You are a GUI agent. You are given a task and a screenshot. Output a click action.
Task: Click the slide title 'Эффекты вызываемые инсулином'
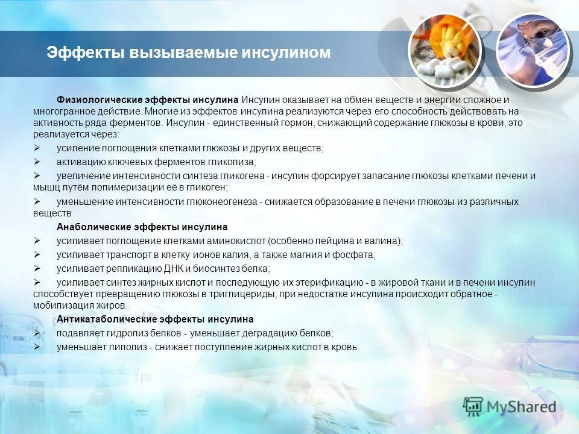tap(189, 53)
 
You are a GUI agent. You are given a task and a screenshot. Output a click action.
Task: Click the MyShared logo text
tap(522, 406)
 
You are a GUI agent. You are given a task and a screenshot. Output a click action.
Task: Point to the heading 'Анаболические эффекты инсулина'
tap(142, 227)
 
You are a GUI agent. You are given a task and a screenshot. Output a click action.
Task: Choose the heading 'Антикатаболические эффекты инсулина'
tap(155, 319)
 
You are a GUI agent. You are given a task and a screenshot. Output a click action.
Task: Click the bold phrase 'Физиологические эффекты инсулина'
tap(148, 99)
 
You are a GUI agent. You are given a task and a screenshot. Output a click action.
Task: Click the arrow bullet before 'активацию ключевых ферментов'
tap(37, 162)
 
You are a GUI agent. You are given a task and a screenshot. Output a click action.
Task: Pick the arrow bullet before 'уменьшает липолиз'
tap(37, 347)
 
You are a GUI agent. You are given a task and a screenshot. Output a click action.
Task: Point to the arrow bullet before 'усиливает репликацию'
tap(37, 268)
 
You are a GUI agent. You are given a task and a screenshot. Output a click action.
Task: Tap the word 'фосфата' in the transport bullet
tap(358, 254)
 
